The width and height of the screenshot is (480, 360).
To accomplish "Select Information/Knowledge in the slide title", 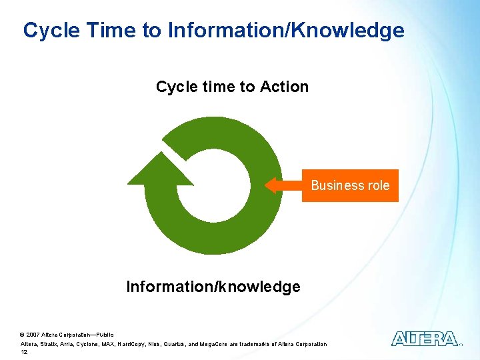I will (x=286, y=30).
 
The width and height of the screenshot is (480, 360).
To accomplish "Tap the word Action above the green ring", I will (x=284, y=87).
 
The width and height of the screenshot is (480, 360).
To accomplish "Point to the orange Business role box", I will (x=350, y=185).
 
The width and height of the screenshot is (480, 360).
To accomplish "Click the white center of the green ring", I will (x=213, y=186).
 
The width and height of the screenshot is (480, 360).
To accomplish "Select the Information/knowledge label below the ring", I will (x=213, y=287).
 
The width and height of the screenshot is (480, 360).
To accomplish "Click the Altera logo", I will (x=424, y=339).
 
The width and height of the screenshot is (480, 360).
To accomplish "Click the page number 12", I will (x=24, y=352).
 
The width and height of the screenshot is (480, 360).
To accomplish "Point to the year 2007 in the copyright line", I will (x=33, y=334).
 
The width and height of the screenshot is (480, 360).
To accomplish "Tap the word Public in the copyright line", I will (x=105, y=334).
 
